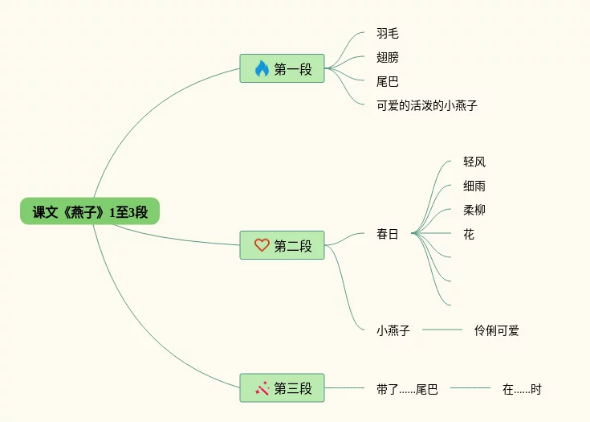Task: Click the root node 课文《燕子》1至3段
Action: click(90, 211)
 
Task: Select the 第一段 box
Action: click(282, 68)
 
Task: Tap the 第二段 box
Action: click(282, 245)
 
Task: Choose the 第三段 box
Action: click(282, 387)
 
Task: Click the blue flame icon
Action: click(262, 68)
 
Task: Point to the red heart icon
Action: click(262, 245)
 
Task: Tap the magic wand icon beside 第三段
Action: click(262, 388)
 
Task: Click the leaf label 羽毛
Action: click(387, 33)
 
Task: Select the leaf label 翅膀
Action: click(387, 57)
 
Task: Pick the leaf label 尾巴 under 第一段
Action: click(387, 81)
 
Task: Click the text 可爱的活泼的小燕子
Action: click(427, 105)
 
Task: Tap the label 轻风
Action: click(474, 162)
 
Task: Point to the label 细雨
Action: click(474, 186)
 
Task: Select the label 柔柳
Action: click(474, 210)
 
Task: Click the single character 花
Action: click(469, 235)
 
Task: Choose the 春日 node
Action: click(387, 234)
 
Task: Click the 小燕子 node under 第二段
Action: click(393, 330)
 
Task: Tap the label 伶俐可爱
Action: click(496, 330)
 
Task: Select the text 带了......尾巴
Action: click(407, 389)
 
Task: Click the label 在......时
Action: click(522, 389)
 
